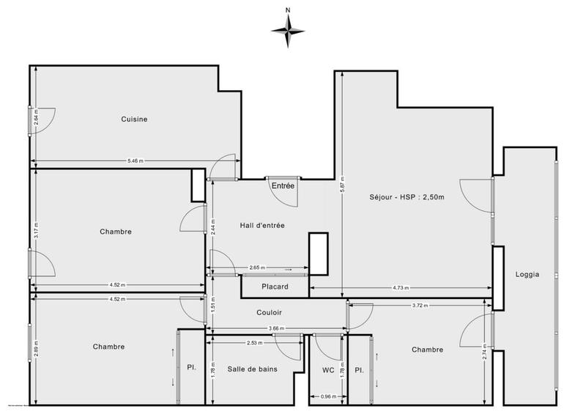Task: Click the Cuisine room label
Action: click(x=135, y=119)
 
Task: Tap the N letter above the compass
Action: click(x=288, y=10)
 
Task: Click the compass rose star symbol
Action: click(x=288, y=30)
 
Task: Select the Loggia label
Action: click(x=527, y=275)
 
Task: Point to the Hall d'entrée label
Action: click(x=262, y=226)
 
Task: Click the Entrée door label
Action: click(x=283, y=186)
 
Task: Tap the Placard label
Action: click(x=275, y=287)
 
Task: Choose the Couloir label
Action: click(x=269, y=312)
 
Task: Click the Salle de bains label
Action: click(x=252, y=369)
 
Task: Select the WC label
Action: click(x=328, y=370)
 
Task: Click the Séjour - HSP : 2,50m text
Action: click(x=408, y=196)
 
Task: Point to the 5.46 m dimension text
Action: click(x=136, y=160)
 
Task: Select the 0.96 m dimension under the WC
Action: click(x=329, y=397)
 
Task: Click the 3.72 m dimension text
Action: click(x=420, y=305)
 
